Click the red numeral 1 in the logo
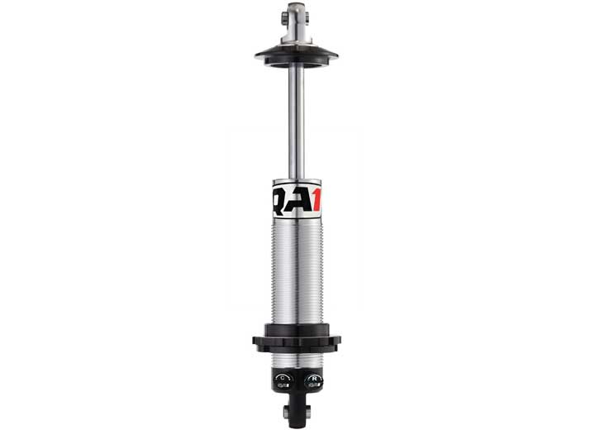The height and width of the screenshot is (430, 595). tap(317, 199)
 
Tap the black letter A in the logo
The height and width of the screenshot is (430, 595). tap(299, 199)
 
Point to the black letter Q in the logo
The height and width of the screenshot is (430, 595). tap(280, 201)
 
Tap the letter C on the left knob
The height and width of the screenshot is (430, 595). tap(283, 378)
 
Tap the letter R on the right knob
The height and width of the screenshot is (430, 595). tap(314, 378)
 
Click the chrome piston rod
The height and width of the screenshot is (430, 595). tap(297, 122)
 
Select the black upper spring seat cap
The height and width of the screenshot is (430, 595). tap(297, 56)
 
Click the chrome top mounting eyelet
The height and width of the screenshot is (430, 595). tap(297, 22)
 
